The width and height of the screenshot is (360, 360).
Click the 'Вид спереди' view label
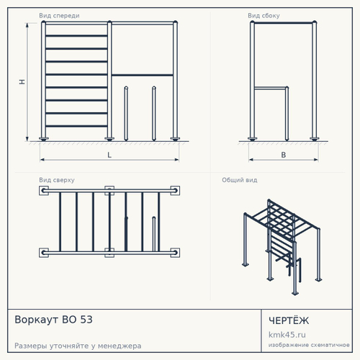[x=59, y=16]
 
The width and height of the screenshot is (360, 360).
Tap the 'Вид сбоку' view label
[x=264, y=16]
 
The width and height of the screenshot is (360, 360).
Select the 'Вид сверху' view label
[x=57, y=180]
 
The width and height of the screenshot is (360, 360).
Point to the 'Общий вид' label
[x=240, y=180]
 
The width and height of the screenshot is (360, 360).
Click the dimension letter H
[x=22, y=82]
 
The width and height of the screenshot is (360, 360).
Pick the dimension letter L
[x=109, y=155]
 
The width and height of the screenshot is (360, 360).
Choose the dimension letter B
[x=284, y=155]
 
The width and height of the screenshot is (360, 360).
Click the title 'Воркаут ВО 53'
[x=53, y=320]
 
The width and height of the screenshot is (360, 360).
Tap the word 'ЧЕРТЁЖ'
[x=289, y=320]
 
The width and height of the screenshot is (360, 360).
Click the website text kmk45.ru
[x=287, y=335]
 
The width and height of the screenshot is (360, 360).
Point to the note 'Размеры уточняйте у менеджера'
[x=78, y=346]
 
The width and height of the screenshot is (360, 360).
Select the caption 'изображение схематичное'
[x=309, y=345]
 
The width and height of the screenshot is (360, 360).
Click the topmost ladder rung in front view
[x=76, y=36]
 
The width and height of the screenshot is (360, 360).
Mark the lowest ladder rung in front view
[x=76, y=126]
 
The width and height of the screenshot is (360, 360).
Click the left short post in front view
[x=126, y=113]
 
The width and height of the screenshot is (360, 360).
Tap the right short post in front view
[x=154, y=113]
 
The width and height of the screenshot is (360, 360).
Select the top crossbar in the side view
[x=284, y=23]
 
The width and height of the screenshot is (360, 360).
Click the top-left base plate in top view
[x=44, y=191]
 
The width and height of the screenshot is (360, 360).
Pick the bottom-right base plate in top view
[x=175, y=253]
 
